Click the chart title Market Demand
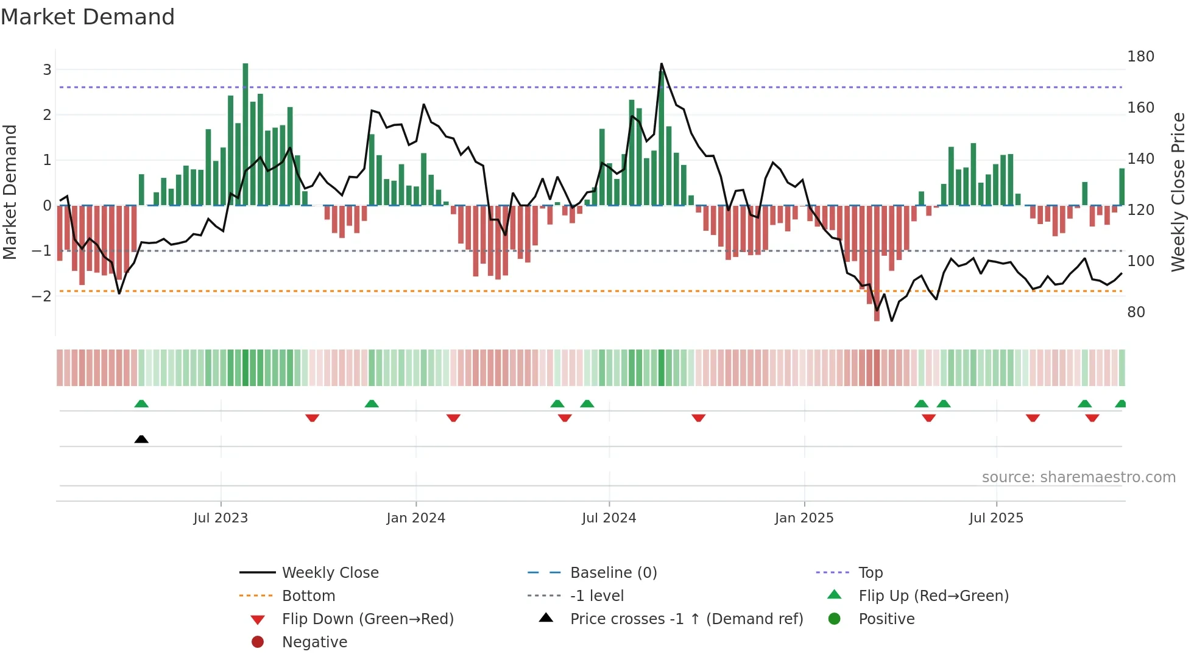[88, 17]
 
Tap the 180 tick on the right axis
[1140, 57]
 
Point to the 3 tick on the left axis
[47, 69]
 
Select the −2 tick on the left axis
[42, 297]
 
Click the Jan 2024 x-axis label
[415, 518]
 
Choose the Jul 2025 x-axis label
[996, 518]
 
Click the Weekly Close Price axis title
[1178, 192]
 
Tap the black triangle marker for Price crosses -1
[141, 439]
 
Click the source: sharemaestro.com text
[1078, 477]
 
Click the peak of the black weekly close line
[662, 64]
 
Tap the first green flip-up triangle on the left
[141, 404]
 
